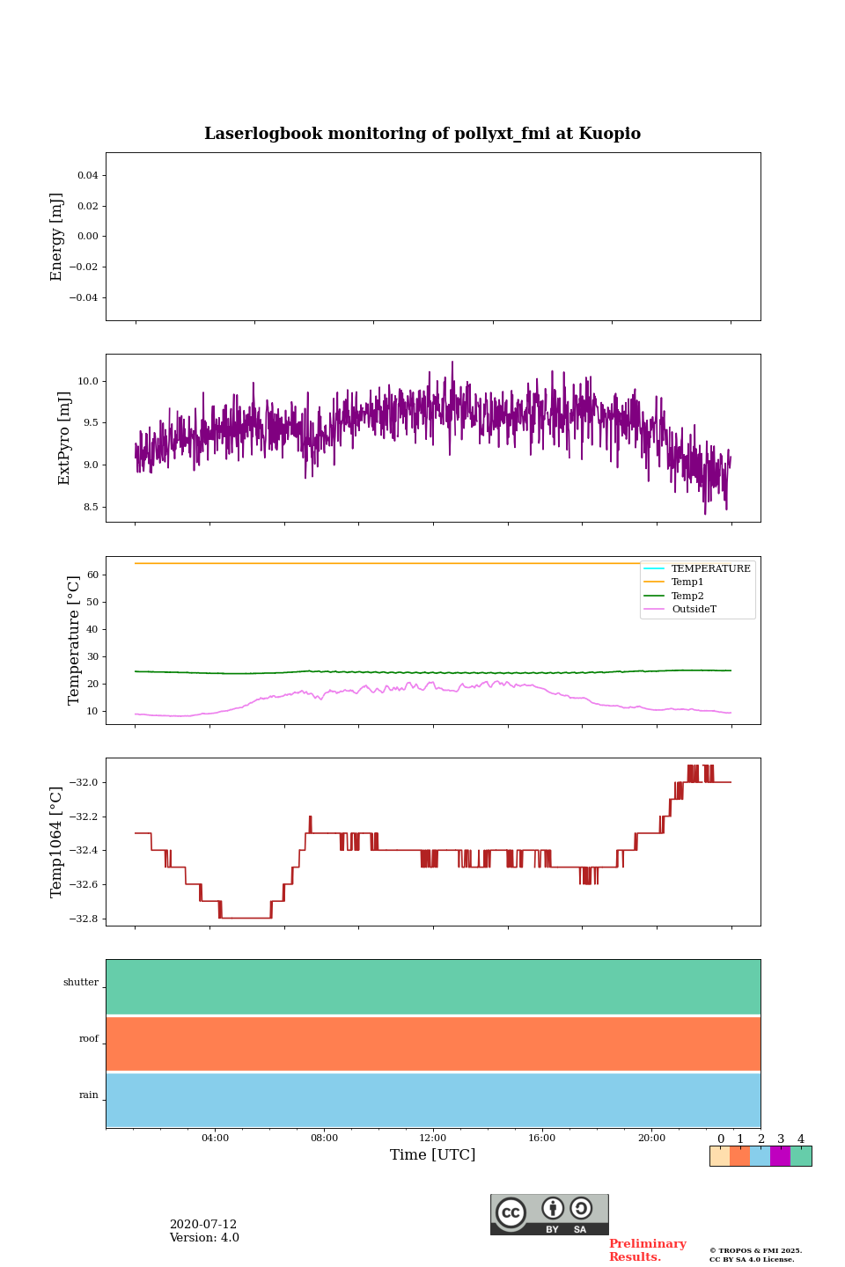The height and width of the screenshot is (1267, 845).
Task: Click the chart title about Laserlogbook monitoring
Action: pyautogui.click(x=422, y=134)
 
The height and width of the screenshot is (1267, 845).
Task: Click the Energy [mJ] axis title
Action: pyautogui.click(x=57, y=237)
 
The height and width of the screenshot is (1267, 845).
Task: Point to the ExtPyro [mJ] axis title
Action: pyautogui.click(x=64, y=438)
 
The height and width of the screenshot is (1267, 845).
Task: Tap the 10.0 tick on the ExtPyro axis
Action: pyautogui.click(x=88, y=381)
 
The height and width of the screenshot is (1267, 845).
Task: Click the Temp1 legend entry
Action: pyautogui.click(x=687, y=582)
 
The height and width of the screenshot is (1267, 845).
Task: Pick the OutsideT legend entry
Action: pyautogui.click(x=694, y=610)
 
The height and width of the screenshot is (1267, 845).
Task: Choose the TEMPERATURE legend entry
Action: pyautogui.click(x=710, y=569)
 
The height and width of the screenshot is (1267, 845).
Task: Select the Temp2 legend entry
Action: pyautogui.click(x=687, y=597)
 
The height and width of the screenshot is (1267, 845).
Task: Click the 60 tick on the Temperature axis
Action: pyautogui.click(x=92, y=575)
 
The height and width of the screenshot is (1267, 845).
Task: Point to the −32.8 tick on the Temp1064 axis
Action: pyautogui.click(x=84, y=919)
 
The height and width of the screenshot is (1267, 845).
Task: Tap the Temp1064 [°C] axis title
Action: pyautogui.click(x=57, y=842)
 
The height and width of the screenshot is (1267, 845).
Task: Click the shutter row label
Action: pyautogui.click(x=81, y=983)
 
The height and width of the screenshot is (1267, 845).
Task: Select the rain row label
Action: pyautogui.click(x=89, y=1095)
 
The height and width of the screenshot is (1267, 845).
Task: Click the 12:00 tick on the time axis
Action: pyautogui.click(x=433, y=1139)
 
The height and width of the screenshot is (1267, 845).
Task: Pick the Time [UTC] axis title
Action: pyautogui.click(x=433, y=1155)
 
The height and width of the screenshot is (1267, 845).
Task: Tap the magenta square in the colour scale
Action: pyautogui.click(x=780, y=1156)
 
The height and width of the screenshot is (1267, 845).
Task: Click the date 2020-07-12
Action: pyautogui.click(x=203, y=1225)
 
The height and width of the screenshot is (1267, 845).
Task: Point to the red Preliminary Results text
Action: pyautogui.click(x=647, y=1250)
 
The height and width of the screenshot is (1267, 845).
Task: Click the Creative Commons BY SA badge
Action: pyautogui.click(x=549, y=1214)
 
